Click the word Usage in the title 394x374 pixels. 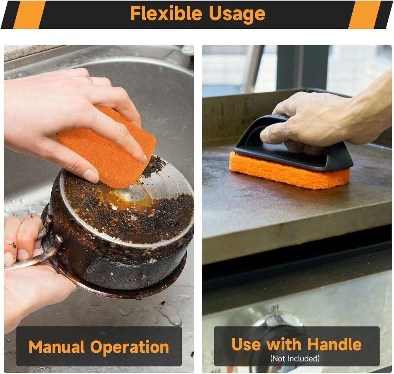click(x=237, y=14)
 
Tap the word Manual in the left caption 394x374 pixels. click(x=56, y=347)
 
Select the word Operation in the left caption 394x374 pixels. click(x=129, y=348)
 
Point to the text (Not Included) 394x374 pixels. click(x=295, y=358)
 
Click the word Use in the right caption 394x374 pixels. click(x=246, y=344)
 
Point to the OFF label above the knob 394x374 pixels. click(x=275, y=309)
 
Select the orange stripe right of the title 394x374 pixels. click(x=364, y=15)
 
